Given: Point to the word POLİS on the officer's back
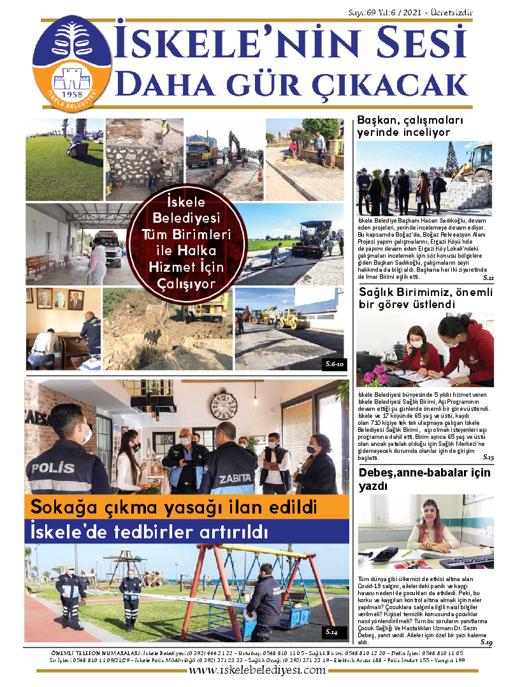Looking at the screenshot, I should click(x=54, y=468).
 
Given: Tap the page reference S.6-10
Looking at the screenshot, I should click(x=333, y=364).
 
